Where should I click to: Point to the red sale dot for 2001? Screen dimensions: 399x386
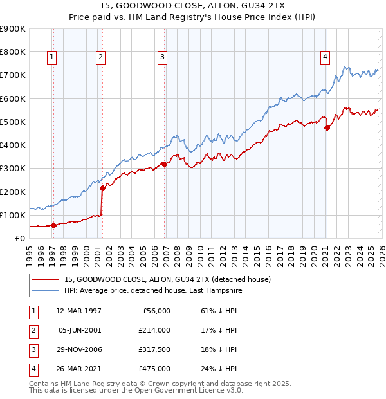[x=102, y=188]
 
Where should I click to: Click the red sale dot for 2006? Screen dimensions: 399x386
[x=165, y=164]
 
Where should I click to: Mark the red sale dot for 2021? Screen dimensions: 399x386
[x=327, y=127]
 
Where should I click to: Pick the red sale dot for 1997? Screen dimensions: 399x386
[x=54, y=225]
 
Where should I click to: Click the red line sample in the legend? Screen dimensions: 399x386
[x=46, y=279]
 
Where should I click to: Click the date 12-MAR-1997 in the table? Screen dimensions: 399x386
[x=79, y=311]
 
